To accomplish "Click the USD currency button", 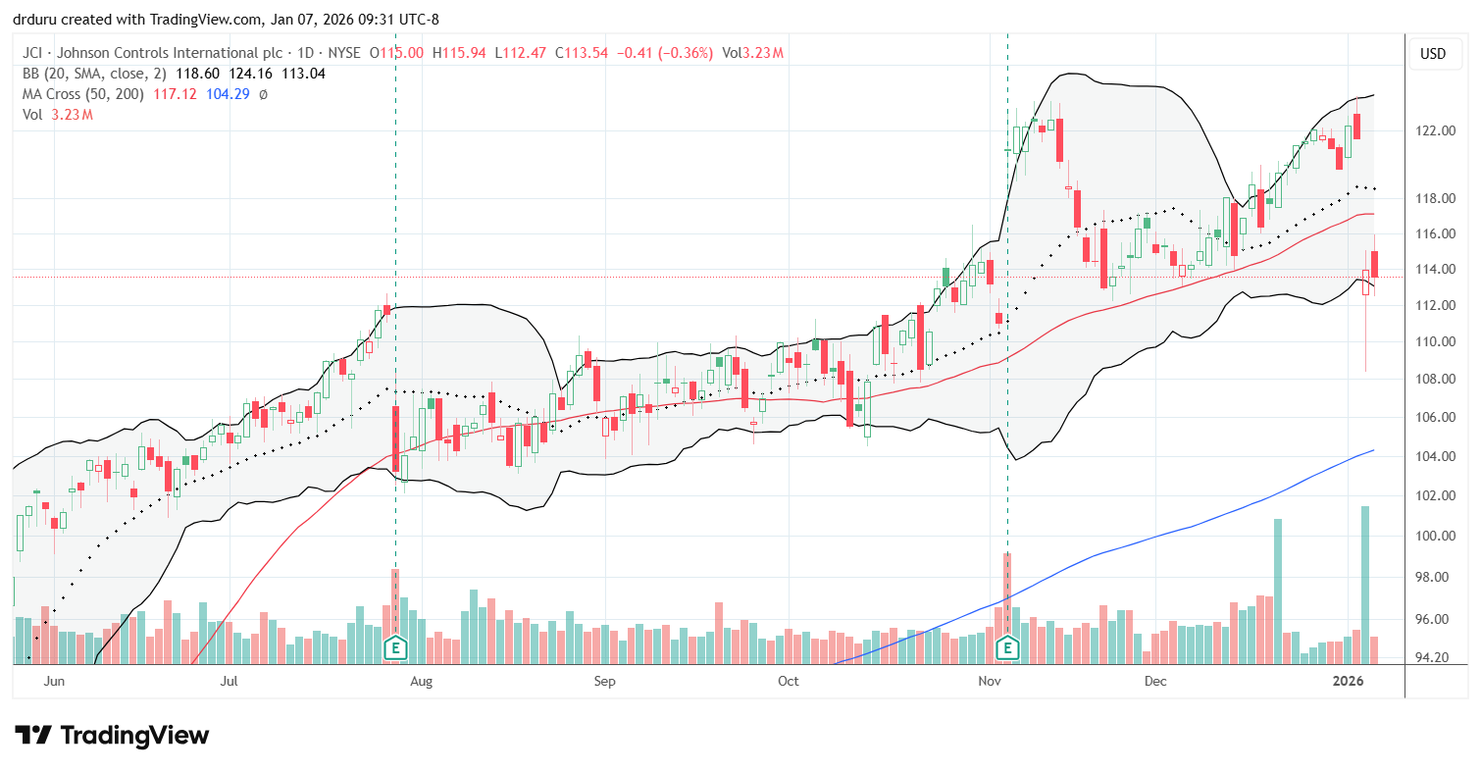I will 1433,54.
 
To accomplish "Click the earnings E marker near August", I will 395,647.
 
